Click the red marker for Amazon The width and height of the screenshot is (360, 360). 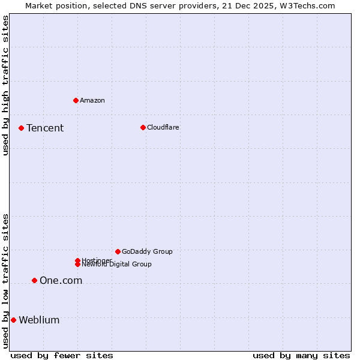(x=76, y=100)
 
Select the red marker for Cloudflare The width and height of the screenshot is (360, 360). (x=143, y=127)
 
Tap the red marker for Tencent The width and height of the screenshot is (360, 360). (x=21, y=128)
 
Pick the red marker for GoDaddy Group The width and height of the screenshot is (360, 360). (x=118, y=251)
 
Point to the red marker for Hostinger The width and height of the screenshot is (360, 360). (x=77, y=260)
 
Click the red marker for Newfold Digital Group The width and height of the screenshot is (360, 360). (x=77, y=265)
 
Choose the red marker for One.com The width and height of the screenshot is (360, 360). (x=34, y=280)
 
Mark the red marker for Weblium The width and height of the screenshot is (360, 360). (x=13, y=320)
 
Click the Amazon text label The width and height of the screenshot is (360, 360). (x=92, y=100)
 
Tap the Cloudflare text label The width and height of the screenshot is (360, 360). (x=163, y=127)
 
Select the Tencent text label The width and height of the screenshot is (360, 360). (x=45, y=128)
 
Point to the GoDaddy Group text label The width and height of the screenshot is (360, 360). (x=147, y=251)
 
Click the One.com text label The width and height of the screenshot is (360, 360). (x=61, y=280)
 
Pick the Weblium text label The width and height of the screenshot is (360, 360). (x=39, y=320)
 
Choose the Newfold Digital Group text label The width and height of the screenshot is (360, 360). (x=118, y=265)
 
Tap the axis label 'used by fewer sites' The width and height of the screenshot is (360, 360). (x=62, y=355)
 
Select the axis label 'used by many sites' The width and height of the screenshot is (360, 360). (x=301, y=355)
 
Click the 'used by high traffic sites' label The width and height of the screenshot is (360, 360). (x=6, y=85)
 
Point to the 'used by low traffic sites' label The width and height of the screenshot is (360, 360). (x=6, y=281)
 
